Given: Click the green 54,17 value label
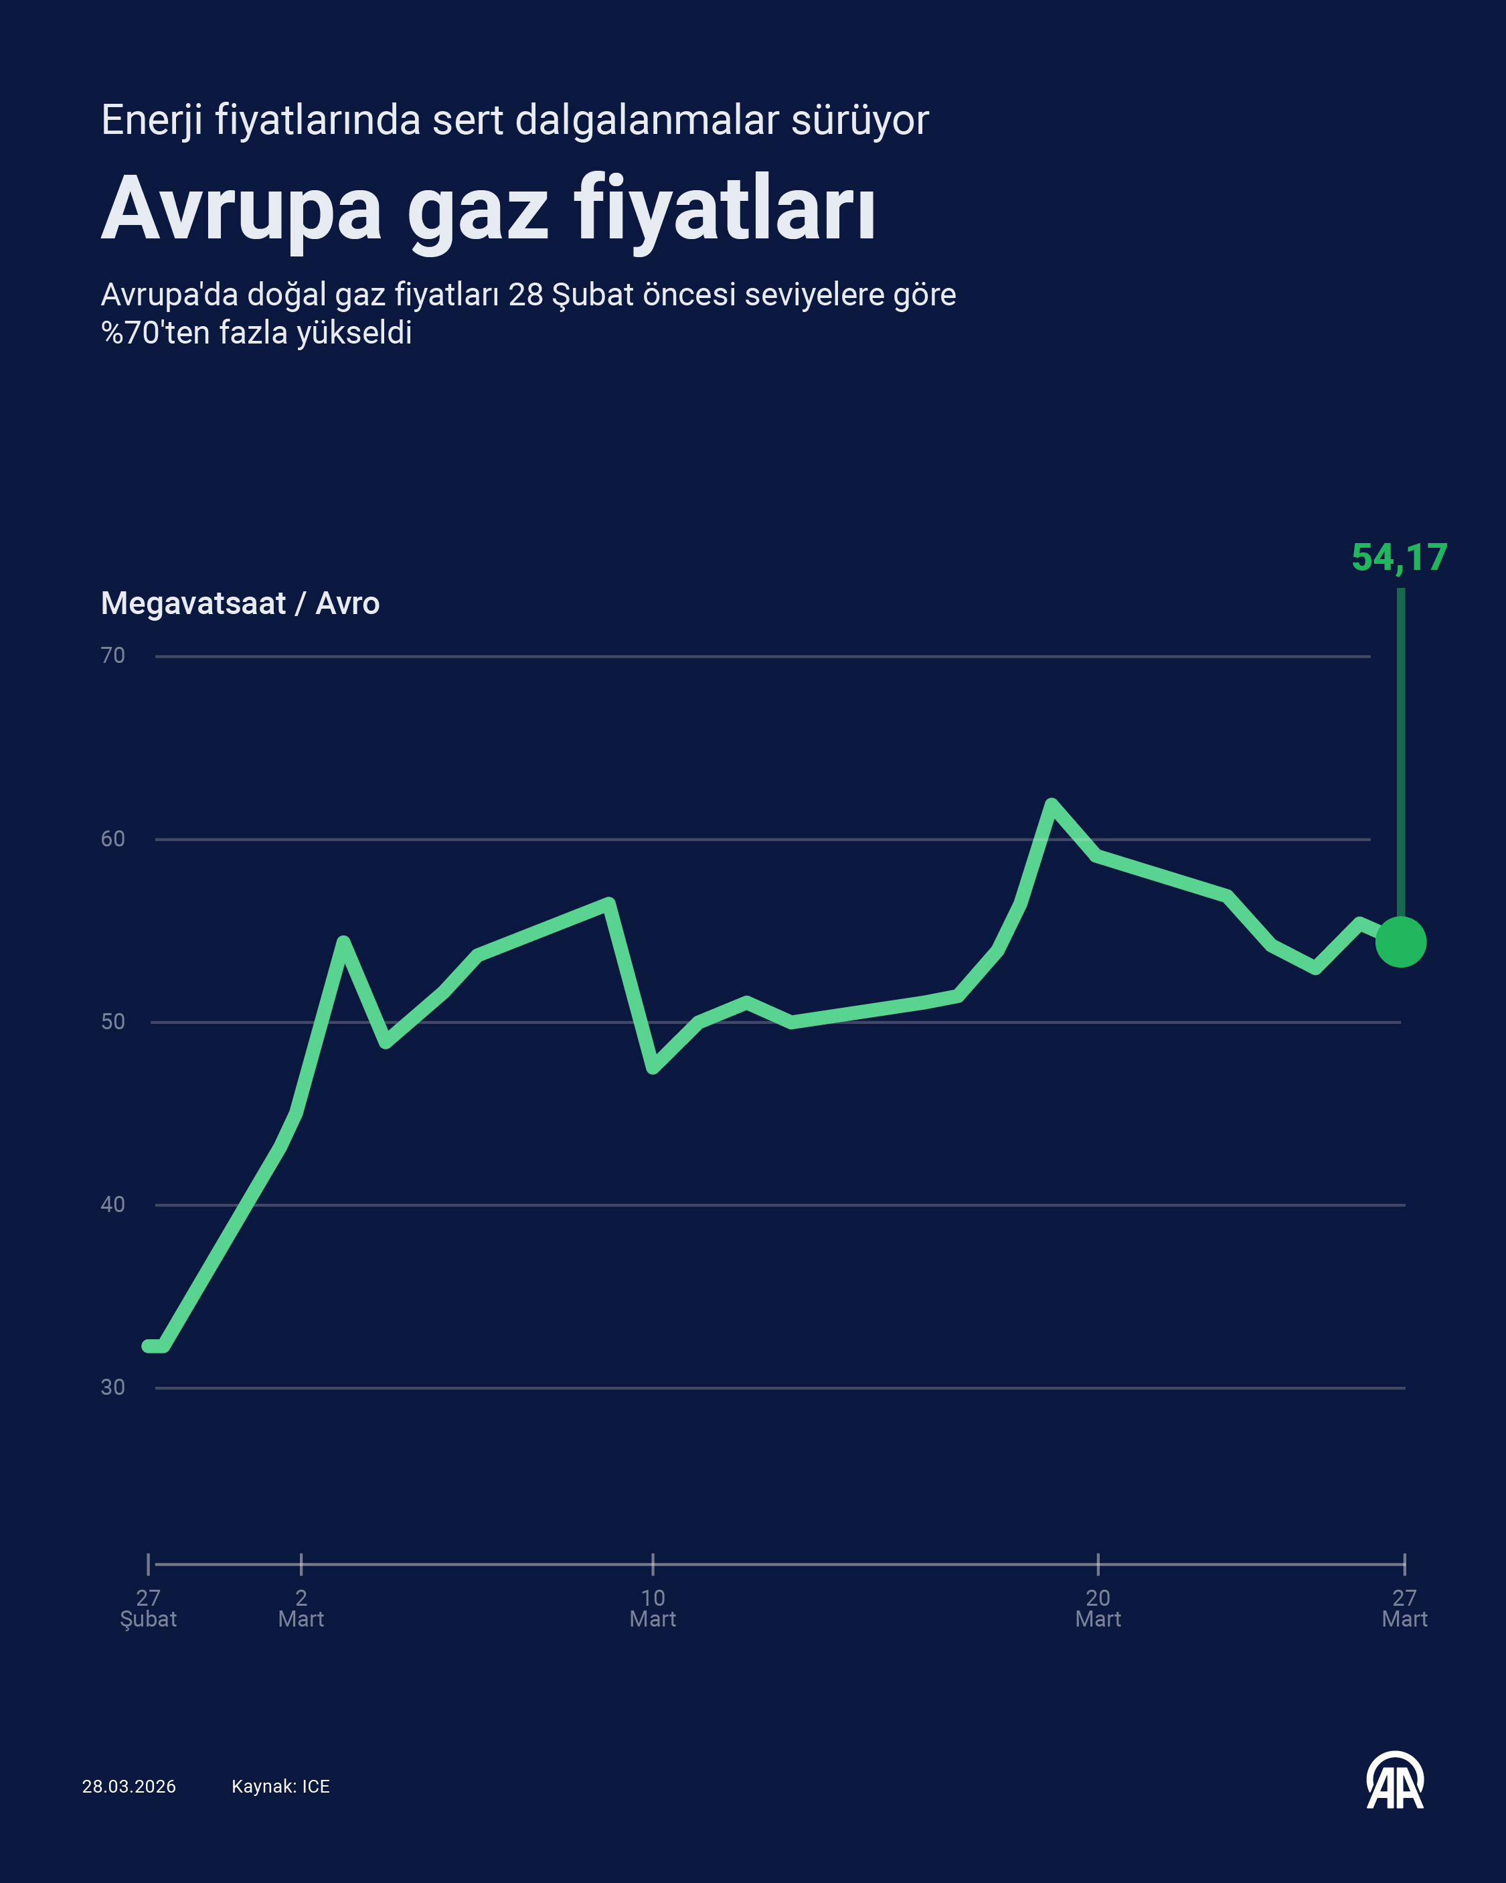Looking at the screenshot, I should point(1399,557).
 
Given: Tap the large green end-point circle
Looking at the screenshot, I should point(1400,942).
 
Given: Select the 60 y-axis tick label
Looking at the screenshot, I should point(112,839).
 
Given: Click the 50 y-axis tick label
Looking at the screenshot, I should point(112,1022).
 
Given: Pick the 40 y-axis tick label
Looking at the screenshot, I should point(112,1205).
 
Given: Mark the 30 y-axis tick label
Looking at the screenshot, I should point(112,1387).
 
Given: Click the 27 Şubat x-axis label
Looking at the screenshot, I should point(149,1608).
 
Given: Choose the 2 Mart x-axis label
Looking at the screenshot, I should point(301,1608).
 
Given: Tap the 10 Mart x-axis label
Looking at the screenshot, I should point(653,1608).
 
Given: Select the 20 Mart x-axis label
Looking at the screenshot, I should point(1098,1608).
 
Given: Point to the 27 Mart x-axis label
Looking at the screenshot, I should point(1404,1608).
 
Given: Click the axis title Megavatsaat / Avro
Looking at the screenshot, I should point(240,603).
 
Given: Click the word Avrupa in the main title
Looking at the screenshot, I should point(242,210).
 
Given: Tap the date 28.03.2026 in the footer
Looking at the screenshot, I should point(129,1786).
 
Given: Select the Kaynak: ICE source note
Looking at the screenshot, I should point(280,1786).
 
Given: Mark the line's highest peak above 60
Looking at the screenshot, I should point(1051,804).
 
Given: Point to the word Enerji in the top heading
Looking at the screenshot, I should point(152,121).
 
